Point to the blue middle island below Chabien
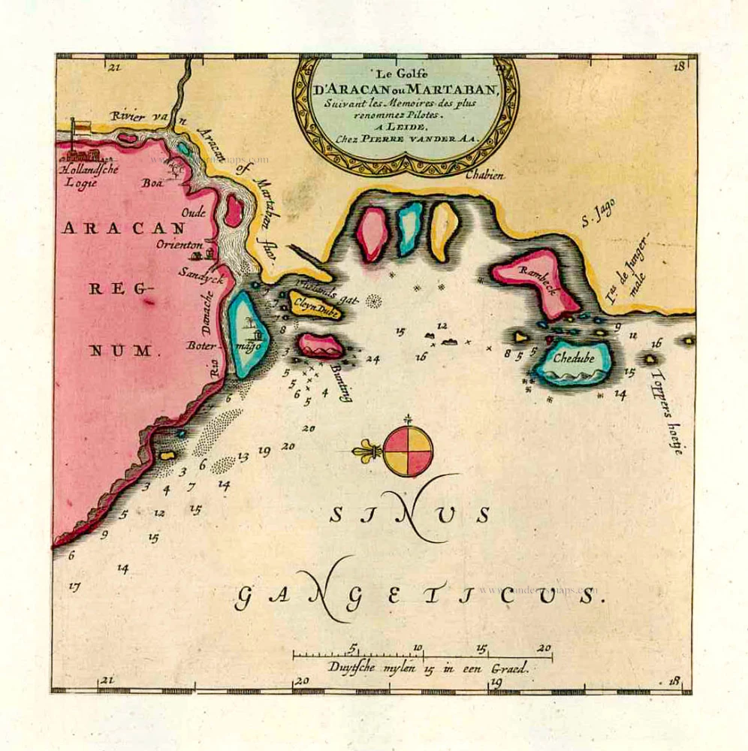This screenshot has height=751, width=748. [409, 228]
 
